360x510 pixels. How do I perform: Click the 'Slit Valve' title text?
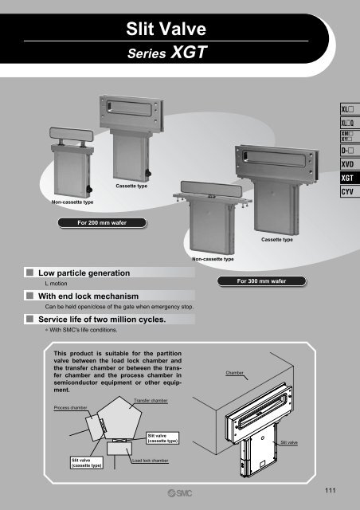pos(166,29)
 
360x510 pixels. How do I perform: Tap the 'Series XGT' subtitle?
pos(167,53)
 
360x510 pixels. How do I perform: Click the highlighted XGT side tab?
pos(350,178)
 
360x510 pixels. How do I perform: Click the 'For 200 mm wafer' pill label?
pos(102,223)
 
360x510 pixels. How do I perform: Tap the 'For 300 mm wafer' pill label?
pos(261,281)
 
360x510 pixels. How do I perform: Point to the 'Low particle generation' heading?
pos(84,273)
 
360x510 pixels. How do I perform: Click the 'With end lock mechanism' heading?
pos(88,296)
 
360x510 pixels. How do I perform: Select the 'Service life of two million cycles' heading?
pos(102,320)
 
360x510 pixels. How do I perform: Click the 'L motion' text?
pos(56,284)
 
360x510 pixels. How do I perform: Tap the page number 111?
pos(330,490)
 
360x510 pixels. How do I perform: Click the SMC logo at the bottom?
pos(180,493)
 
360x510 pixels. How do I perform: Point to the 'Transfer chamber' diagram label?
pos(151,401)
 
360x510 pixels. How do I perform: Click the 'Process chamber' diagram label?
pos(71,407)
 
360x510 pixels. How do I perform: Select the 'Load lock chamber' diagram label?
pos(151,461)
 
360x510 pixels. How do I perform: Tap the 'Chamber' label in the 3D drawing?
pos(234,373)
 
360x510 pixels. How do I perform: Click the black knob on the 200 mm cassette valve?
pos(148,174)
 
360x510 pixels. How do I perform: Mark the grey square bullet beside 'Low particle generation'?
pos(30,273)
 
